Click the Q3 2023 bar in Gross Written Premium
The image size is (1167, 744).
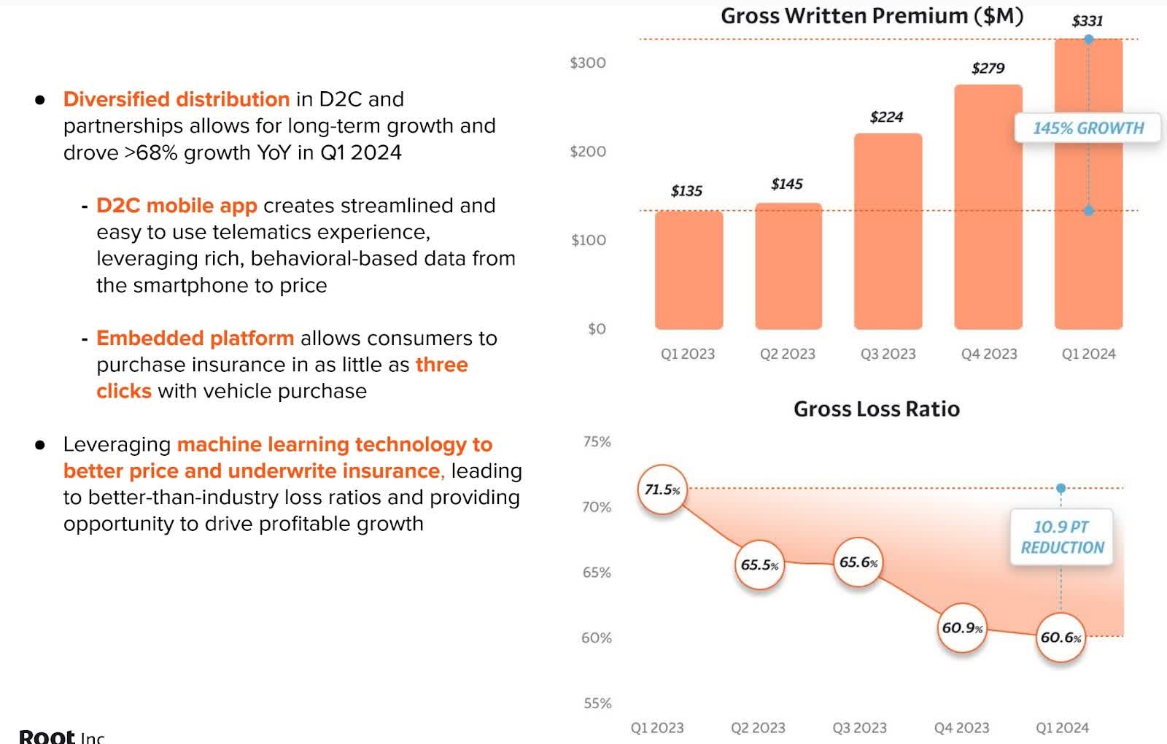pos(888,231)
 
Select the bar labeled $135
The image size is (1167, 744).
pos(689,270)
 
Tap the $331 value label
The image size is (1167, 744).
pos(1087,20)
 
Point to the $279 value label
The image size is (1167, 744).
pos(988,68)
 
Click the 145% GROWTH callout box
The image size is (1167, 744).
pos(1087,128)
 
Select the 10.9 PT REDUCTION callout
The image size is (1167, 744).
pos(1061,537)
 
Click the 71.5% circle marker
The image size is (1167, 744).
pos(662,489)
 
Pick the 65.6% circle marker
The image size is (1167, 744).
pos(858,562)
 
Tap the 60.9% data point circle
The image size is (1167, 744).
pos(962,628)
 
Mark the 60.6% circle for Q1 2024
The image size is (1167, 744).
pos(1061,638)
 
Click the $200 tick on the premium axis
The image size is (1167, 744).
pos(587,152)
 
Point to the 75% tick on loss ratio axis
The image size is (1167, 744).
pos(597,441)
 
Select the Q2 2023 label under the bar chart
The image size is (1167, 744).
pos(787,354)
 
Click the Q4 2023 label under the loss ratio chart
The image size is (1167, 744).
pos(961,727)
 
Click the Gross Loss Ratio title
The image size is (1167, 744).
pos(876,409)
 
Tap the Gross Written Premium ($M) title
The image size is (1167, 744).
pos(872,16)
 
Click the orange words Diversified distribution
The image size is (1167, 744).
pos(176,99)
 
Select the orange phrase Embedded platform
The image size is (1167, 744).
pos(195,338)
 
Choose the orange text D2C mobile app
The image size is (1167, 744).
pos(177,206)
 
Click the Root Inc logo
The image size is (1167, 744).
pos(61,735)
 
